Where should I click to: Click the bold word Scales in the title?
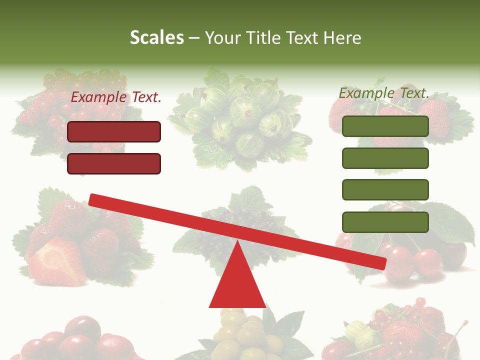[156, 37]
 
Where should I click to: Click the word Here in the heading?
[343, 37]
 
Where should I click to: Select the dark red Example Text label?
[116, 97]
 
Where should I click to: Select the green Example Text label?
[384, 93]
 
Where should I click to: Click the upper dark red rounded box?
[114, 131]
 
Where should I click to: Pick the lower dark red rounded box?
[114, 163]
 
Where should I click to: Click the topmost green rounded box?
[385, 126]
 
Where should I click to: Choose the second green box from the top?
[385, 158]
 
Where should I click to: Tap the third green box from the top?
[385, 189]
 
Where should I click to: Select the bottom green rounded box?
[385, 222]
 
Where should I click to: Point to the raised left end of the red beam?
[93, 199]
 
